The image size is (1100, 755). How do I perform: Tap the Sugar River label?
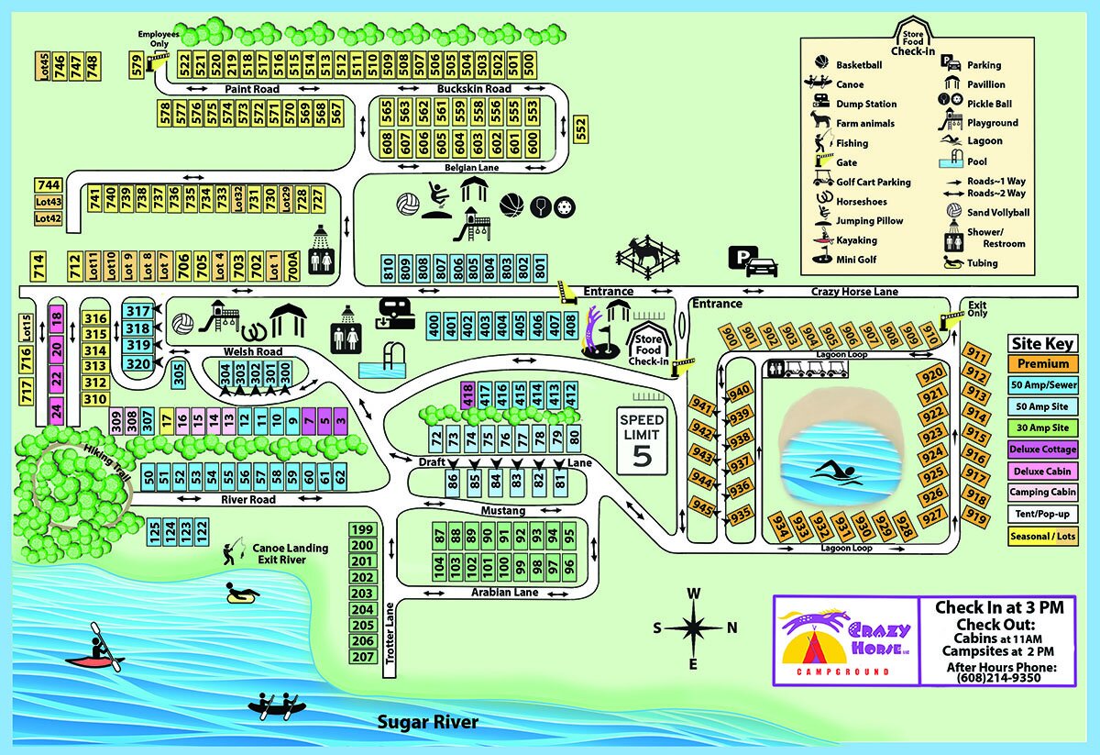tap(428, 722)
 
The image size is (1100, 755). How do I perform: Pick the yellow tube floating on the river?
tap(243, 594)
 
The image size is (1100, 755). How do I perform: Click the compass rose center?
tap(694, 628)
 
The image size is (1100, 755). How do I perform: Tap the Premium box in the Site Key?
tap(1041, 364)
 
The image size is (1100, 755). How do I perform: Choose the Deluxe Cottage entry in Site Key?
tap(1041, 450)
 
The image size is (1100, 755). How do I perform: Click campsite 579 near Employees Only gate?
tap(137, 65)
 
